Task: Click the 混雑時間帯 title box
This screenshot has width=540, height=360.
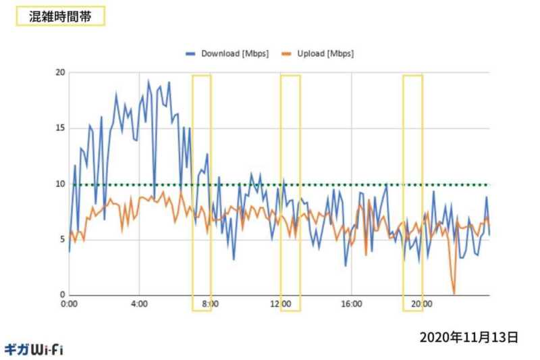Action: [60, 16]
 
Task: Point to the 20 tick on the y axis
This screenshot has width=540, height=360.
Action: [60, 72]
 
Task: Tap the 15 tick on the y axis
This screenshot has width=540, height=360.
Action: [60, 128]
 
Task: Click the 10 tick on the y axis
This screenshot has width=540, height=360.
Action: [60, 184]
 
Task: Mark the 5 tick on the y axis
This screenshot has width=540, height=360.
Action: [62, 239]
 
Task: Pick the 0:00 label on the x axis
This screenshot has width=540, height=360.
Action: [70, 305]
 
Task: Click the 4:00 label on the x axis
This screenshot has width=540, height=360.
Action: [139, 305]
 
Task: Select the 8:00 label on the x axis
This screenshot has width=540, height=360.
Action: [210, 305]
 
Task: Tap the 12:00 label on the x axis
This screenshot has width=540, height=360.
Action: [281, 305]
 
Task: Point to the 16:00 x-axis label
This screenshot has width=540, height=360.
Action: [352, 305]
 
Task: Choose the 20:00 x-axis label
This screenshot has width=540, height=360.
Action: [422, 305]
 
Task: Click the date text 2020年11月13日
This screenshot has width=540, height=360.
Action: [468, 336]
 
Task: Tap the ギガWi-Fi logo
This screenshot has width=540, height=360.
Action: [34, 349]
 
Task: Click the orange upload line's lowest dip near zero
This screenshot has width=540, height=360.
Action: [454, 292]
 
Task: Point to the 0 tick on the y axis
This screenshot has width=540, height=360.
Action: [62, 294]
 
